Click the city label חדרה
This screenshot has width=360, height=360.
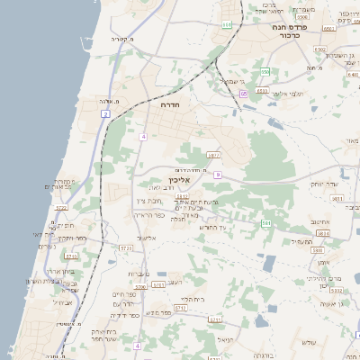point(169,105)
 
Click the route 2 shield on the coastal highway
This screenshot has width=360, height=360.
point(105,114)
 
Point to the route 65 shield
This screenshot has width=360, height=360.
point(244,93)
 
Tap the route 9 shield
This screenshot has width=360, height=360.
point(218,175)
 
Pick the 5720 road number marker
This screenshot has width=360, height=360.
point(125,247)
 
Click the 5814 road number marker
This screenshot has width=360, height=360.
point(323,233)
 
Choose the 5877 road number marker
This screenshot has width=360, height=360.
point(213,155)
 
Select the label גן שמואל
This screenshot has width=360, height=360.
point(231,81)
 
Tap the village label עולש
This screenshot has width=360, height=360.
point(310,341)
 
